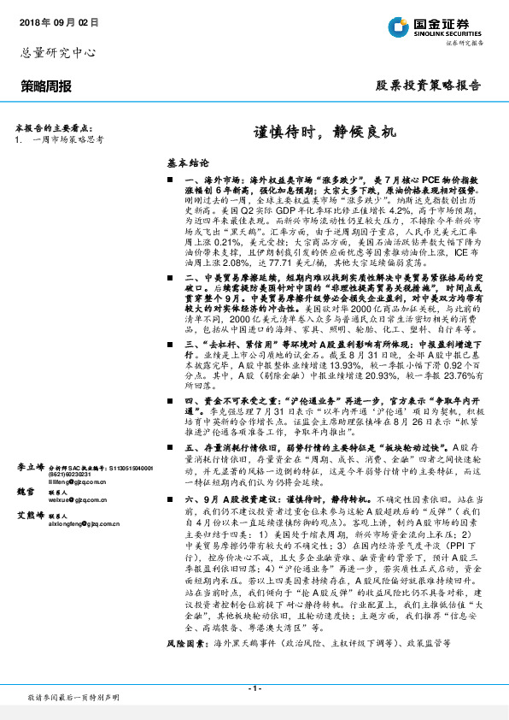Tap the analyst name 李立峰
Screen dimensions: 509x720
(31, 468)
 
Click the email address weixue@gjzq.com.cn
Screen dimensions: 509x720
(78, 499)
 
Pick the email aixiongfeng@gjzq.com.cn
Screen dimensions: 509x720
(84, 522)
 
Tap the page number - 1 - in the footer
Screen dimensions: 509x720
(254, 688)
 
